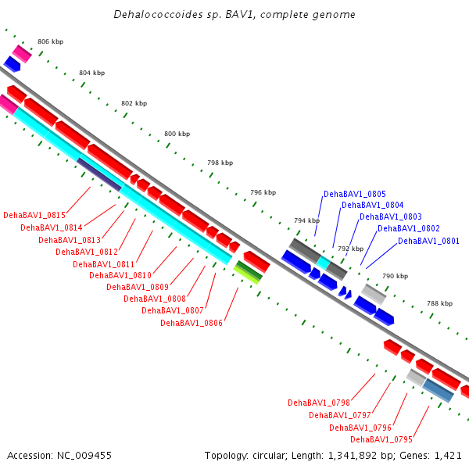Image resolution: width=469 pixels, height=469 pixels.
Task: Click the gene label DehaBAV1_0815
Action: click(x=34, y=215)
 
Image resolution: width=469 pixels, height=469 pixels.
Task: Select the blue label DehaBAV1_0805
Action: click(x=355, y=194)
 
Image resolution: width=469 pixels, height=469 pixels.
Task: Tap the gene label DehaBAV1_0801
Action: click(x=428, y=241)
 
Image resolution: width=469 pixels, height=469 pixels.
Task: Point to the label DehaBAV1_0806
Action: click(x=192, y=323)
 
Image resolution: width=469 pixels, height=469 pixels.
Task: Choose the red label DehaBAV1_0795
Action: click(x=381, y=439)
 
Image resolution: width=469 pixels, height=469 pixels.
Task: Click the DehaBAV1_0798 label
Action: click(x=319, y=403)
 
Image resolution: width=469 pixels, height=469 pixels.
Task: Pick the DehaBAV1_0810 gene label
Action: click(x=120, y=275)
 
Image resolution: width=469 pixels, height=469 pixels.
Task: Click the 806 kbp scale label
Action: click(x=51, y=41)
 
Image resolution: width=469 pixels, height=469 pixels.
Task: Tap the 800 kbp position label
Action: click(x=177, y=134)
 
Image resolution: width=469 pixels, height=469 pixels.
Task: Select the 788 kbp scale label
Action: click(x=439, y=303)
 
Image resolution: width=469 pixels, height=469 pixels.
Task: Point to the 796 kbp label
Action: click(x=263, y=192)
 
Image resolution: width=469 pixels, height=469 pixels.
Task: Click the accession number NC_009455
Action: click(x=84, y=456)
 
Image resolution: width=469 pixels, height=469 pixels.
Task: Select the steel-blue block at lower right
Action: click(x=439, y=391)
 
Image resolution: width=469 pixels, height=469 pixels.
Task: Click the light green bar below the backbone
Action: click(x=246, y=275)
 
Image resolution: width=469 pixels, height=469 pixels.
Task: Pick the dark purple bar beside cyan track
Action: click(x=99, y=174)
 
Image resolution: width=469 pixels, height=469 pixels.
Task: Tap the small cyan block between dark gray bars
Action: click(x=324, y=263)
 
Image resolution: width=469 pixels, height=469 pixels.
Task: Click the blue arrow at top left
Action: click(x=12, y=64)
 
